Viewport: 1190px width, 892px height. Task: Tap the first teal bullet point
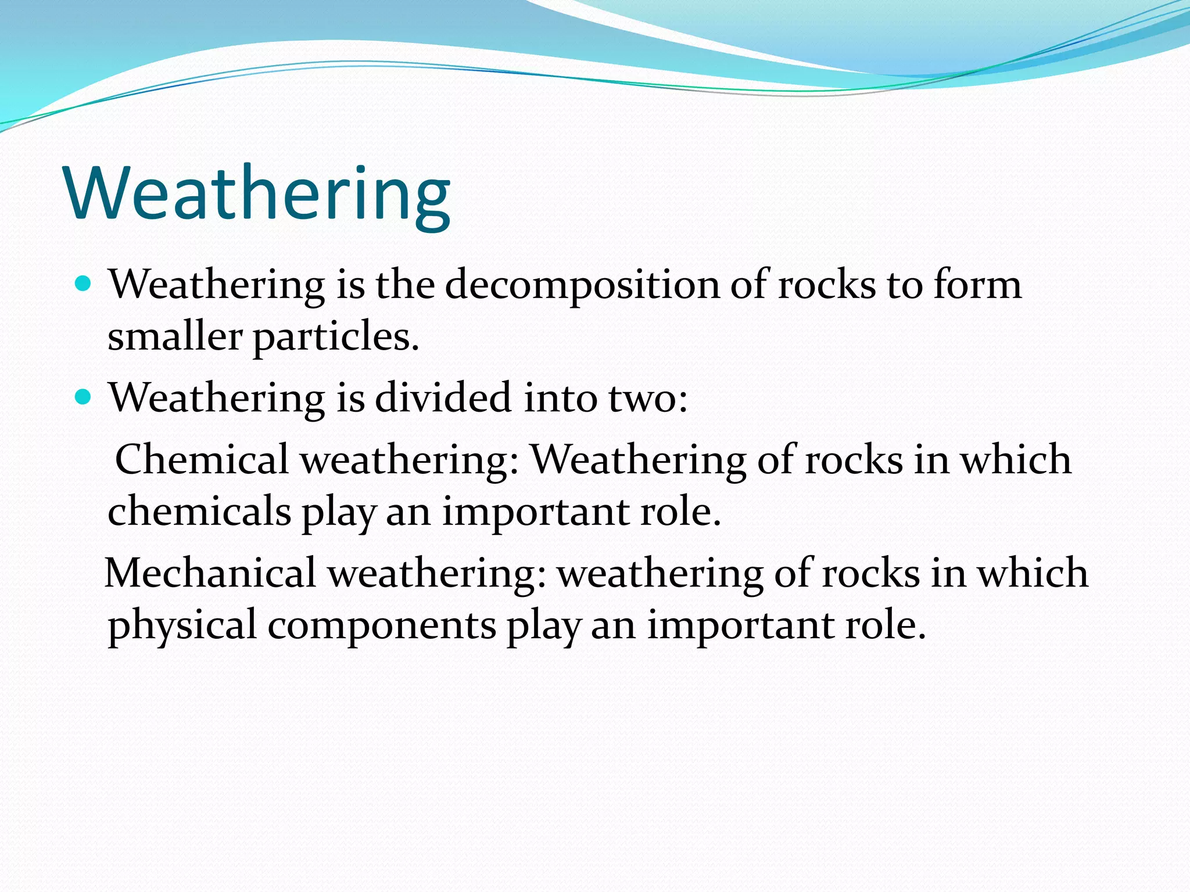click(84, 284)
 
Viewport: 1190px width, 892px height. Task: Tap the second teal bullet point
click(84, 397)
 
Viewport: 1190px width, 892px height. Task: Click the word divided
click(443, 398)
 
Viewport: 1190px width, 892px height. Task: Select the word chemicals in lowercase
click(199, 512)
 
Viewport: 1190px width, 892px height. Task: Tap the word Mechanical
click(210, 574)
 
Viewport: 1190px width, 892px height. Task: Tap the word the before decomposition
click(405, 286)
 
